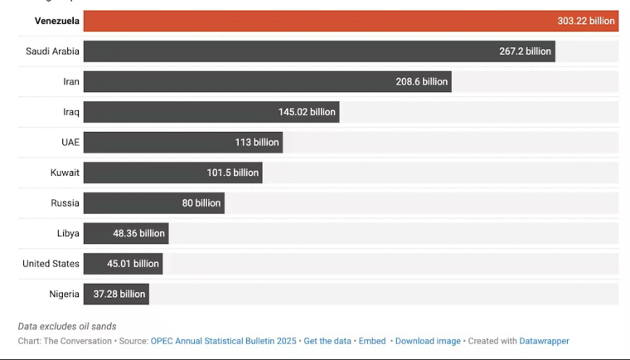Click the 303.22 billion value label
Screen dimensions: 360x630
coord(586,22)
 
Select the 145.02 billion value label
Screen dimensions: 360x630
coord(307,112)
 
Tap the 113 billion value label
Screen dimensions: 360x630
coord(257,143)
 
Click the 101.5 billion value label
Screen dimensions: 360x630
coord(233,173)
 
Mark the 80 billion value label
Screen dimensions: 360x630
coord(201,203)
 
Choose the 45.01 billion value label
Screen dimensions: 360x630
coord(133,264)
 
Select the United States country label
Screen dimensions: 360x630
coord(51,264)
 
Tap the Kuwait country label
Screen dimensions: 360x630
coord(65,173)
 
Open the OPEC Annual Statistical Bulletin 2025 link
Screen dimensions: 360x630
coord(223,341)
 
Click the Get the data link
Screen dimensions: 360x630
coord(327,341)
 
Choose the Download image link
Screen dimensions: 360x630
coord(428,341)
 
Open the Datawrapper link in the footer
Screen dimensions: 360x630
coord(544,341)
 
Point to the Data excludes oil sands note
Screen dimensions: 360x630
coord(67,326)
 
